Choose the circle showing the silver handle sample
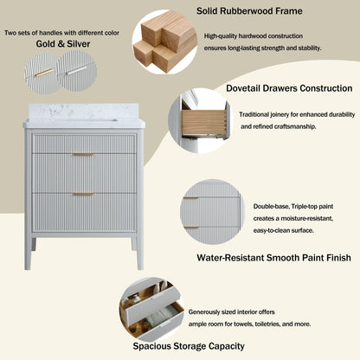click(76, 68)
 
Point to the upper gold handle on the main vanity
click(83, 154)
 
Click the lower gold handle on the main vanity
click(83, 194)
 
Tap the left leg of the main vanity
click(29, 251)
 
